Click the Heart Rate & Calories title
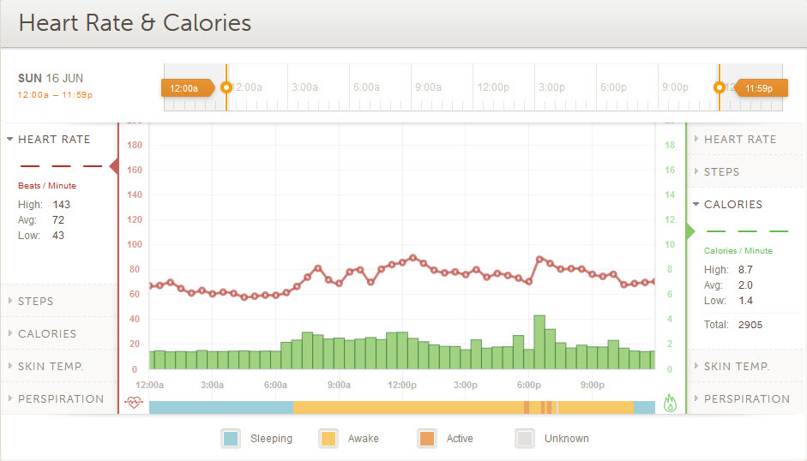point(135,23)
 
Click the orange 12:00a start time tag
point(184,87)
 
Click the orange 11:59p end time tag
point(757,87)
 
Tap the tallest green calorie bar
point(539,342)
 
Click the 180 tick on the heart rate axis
point(134,146)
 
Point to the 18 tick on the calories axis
point(670,146)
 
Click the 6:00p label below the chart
point(529,386)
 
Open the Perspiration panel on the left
point(60,398)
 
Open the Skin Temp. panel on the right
point(737,366)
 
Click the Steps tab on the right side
point(721,171)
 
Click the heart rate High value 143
point(61,205)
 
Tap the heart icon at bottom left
point(133,402)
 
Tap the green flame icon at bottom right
point(670,403)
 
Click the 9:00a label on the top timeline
point(428,87)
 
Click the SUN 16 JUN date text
point(51,78)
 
